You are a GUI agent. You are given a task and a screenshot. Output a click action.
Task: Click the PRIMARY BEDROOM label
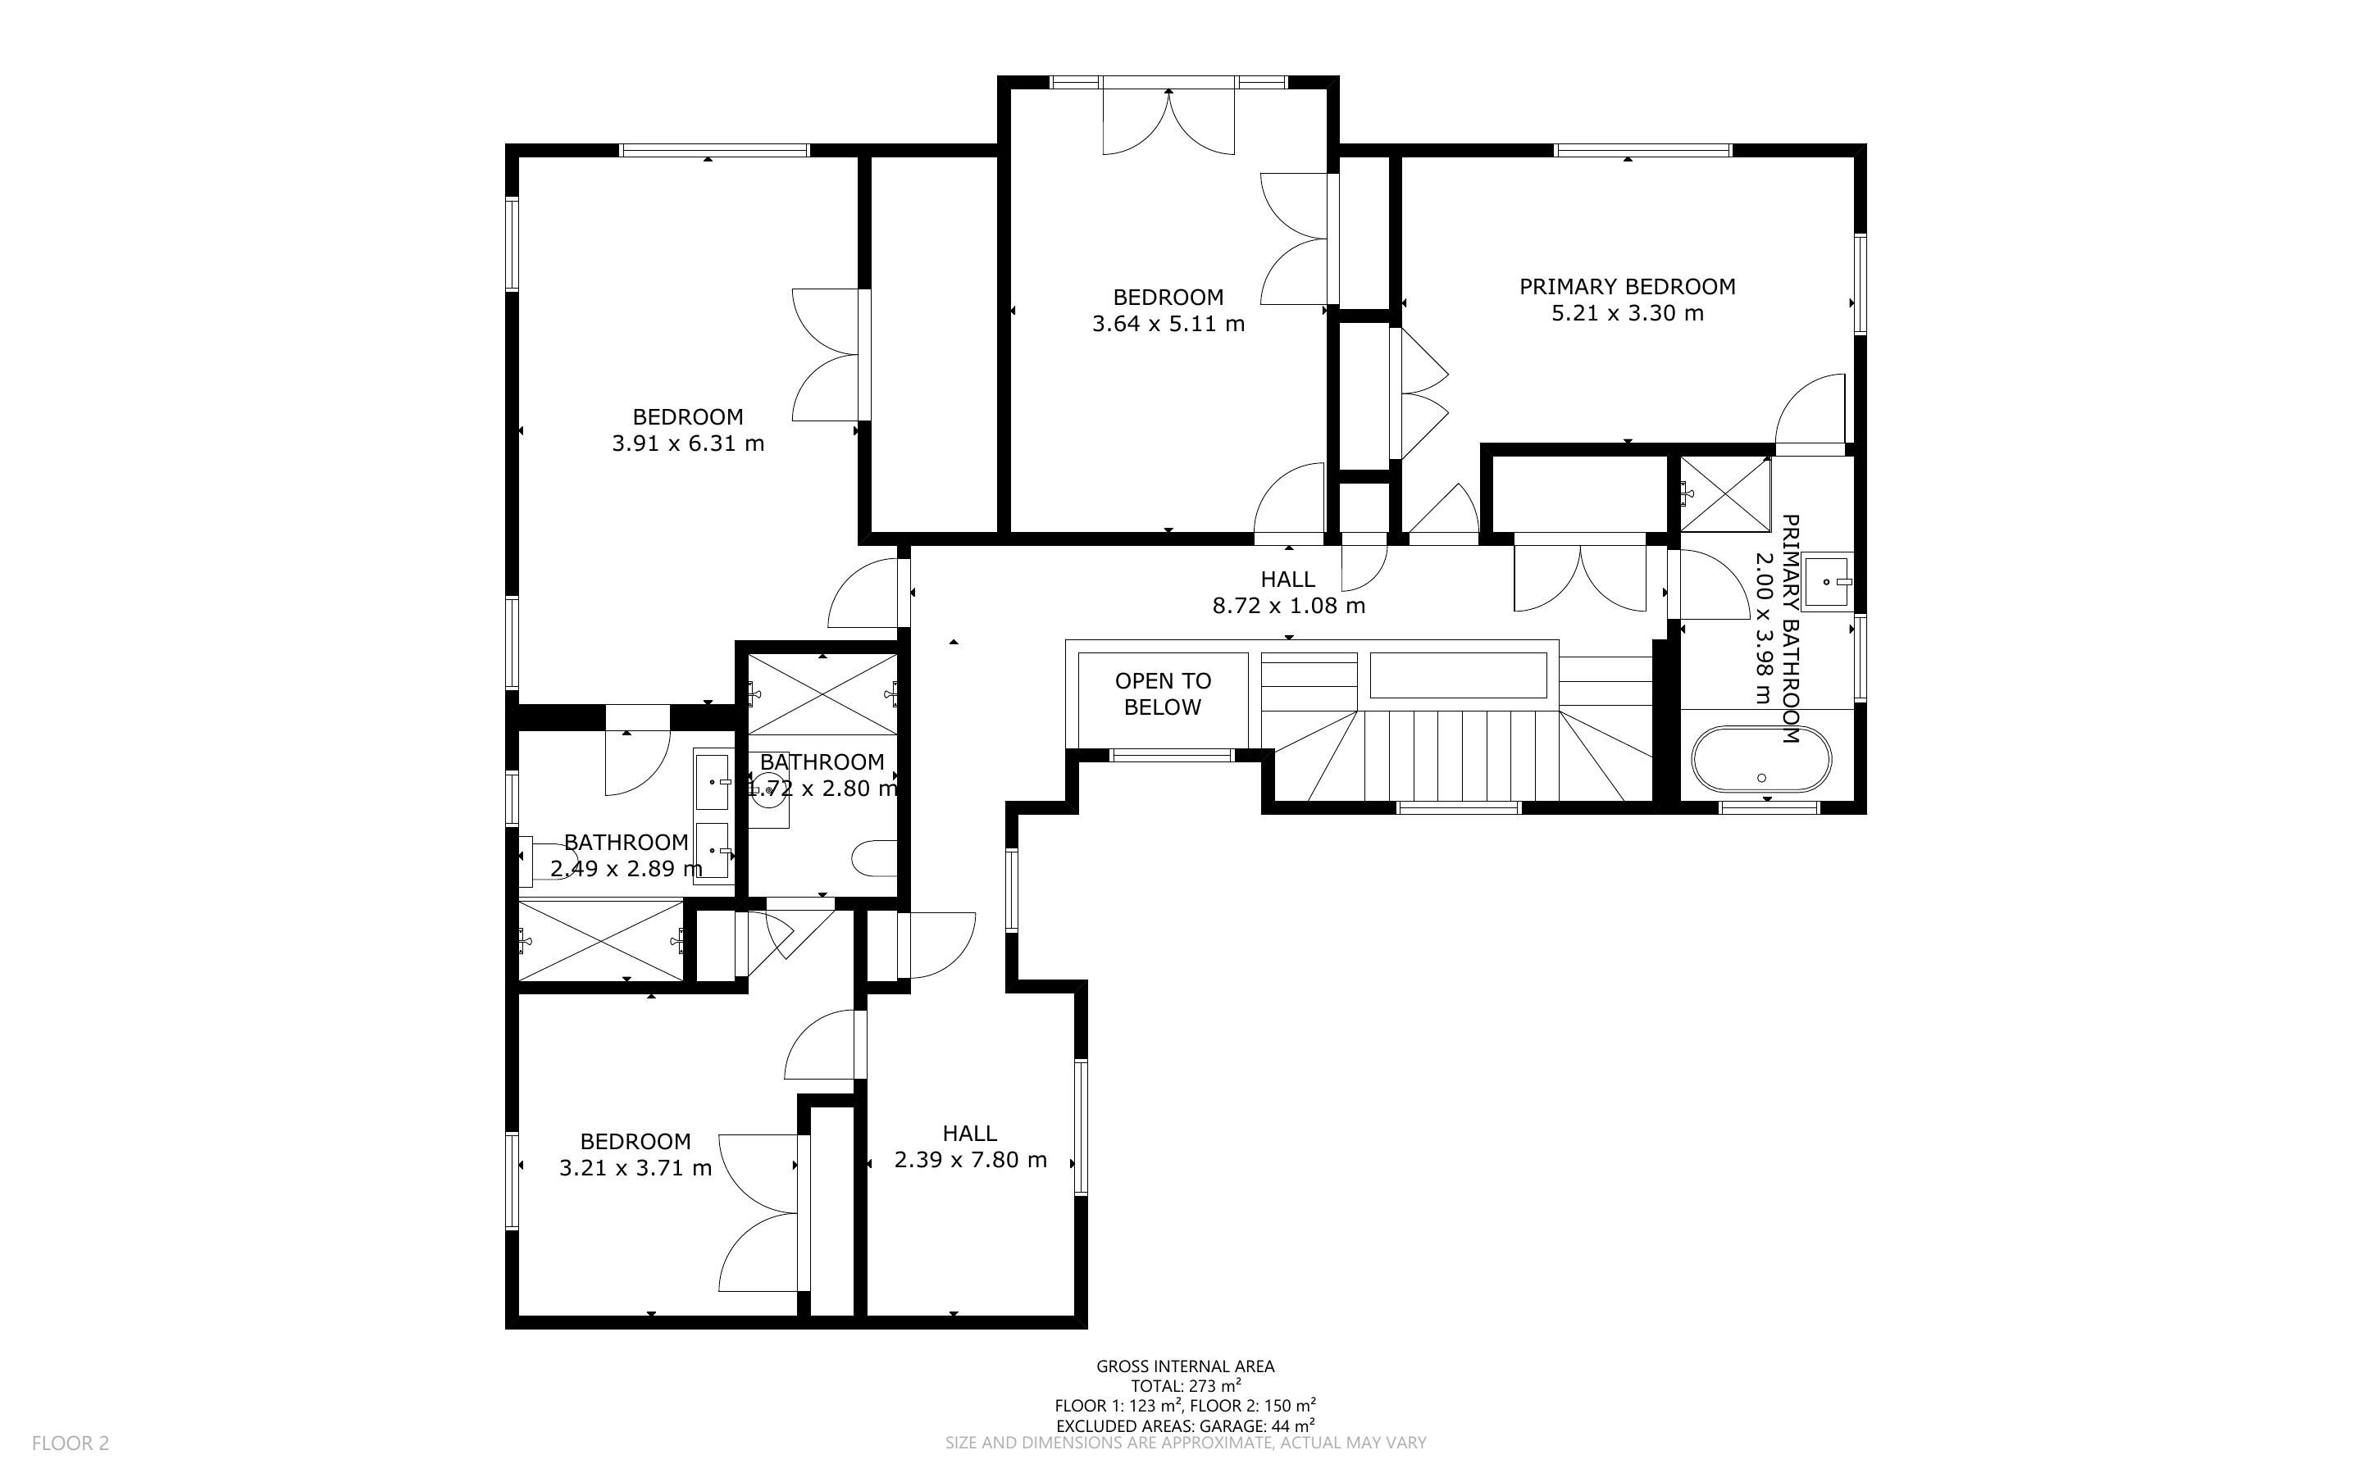[1627, 286]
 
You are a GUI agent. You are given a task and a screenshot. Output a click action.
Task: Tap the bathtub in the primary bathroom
[1761, 759]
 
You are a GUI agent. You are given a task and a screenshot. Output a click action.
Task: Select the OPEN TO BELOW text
[1163, 694]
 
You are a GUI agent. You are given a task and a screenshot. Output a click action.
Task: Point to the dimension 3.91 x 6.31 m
[688, 443]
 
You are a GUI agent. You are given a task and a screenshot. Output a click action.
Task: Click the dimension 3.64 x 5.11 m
[1168, 324]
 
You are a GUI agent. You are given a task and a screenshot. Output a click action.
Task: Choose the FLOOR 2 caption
[71, 1443]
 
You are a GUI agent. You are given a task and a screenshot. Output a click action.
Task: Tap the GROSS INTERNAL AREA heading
[1185, 1366]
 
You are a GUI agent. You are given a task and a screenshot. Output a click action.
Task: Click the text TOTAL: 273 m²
[1186, 1386]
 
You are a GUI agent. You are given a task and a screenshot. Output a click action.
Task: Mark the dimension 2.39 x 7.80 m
[970, 1160]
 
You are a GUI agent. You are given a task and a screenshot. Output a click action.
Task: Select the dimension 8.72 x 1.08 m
[1289, 606]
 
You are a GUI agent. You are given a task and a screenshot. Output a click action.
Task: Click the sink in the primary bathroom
[1827, 581]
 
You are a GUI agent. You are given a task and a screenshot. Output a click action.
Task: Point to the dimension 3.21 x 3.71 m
[635, 1168]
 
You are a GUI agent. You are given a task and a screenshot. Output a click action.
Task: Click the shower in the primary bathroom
[1725, 494]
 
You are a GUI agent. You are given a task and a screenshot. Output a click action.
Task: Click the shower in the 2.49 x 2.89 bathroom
[600, 940]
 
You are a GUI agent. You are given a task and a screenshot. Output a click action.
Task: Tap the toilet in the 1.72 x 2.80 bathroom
[874, 858]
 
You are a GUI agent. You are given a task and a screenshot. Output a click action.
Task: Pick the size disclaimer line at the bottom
[1185, 1443]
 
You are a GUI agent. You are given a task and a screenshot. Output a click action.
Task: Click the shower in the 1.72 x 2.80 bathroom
[822, 694]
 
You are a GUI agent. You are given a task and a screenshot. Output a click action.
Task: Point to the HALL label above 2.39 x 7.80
[970, 1133]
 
